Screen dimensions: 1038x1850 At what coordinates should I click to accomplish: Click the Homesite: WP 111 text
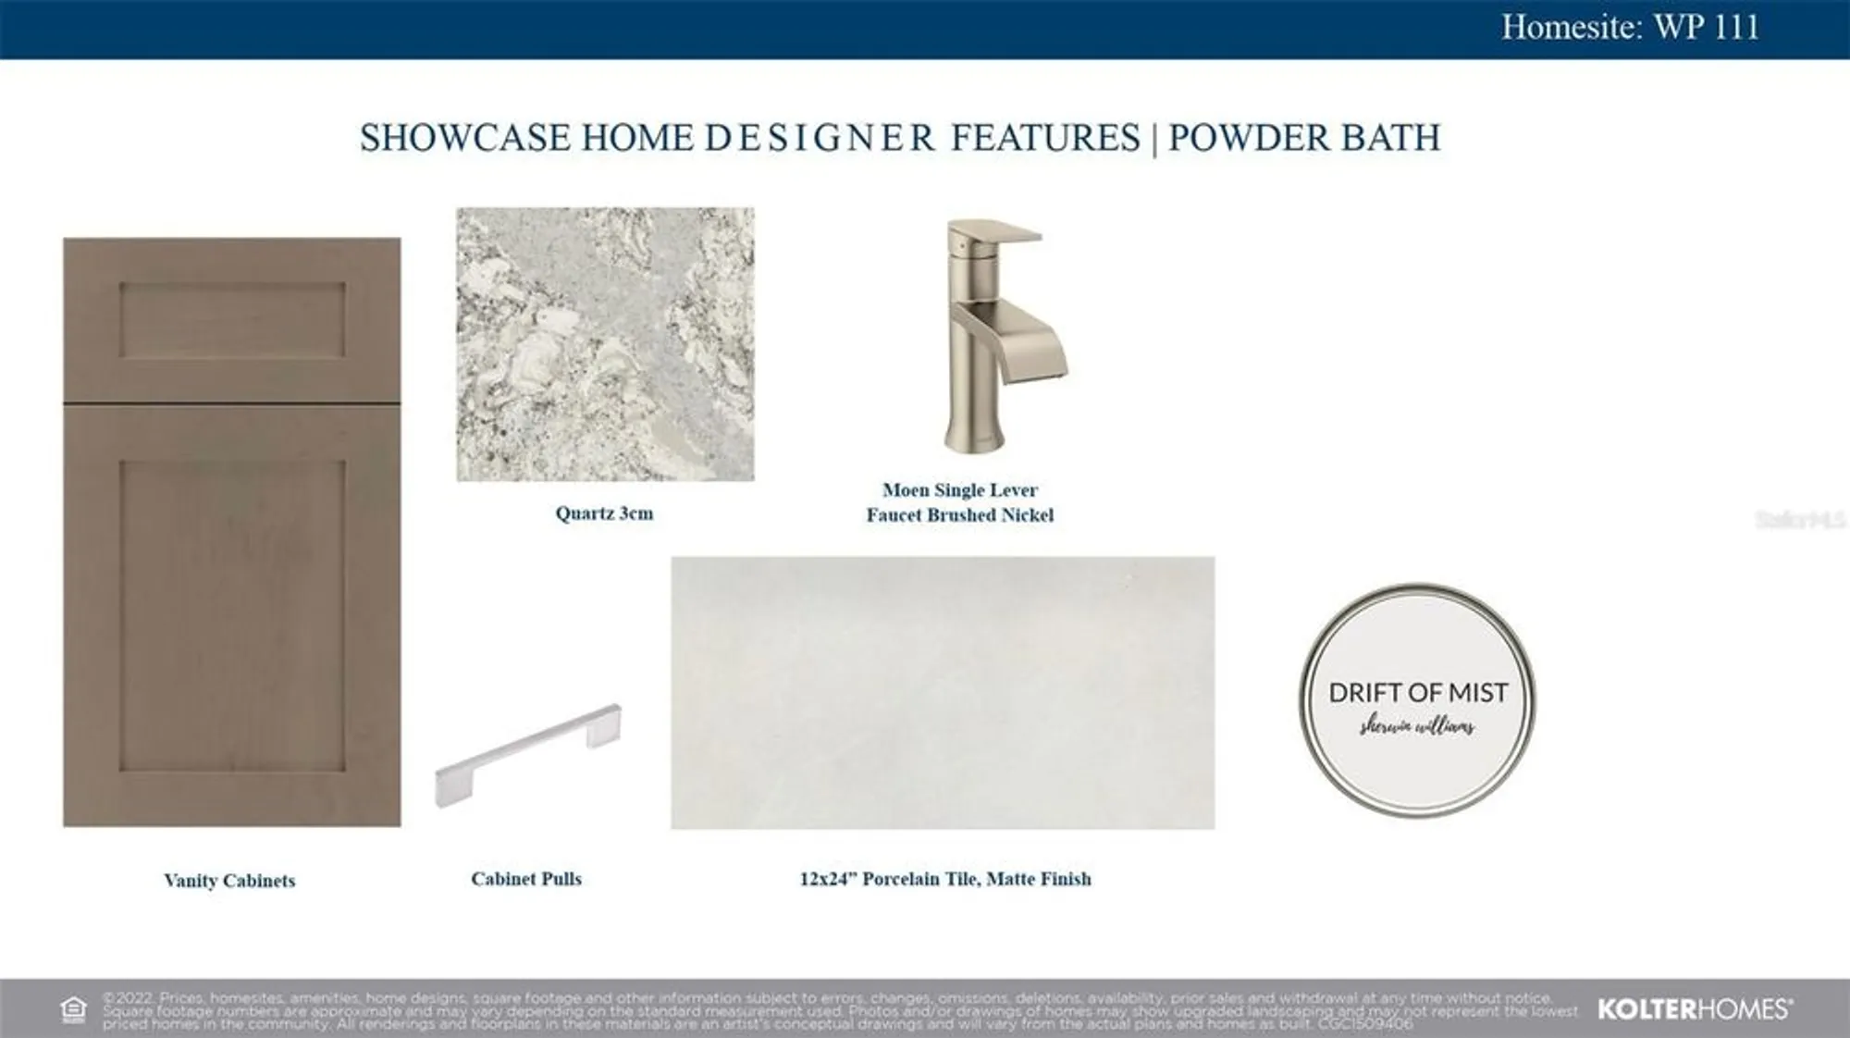(1630, 27)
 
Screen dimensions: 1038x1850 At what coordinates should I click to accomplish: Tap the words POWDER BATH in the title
(1304, 138)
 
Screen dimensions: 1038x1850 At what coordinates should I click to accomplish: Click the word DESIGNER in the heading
(820, 138)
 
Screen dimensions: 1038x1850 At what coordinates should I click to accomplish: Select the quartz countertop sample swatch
(605, 344)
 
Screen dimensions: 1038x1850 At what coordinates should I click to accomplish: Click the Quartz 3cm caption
(604, 513)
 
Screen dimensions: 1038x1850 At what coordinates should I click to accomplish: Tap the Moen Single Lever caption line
(959, 490)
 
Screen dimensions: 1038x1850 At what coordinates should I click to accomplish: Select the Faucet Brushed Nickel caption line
(959, 515)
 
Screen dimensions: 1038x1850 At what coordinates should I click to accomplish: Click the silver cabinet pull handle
(528, 754)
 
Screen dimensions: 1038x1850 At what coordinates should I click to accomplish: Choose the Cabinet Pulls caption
(526, 879)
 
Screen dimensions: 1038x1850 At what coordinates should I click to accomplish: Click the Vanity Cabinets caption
(229, 881)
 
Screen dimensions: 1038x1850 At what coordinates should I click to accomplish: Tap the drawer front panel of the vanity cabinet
(231, 320)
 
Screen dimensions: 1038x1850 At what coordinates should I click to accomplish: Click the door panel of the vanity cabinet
(231, 615)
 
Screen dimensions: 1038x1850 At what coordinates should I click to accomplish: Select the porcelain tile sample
(943, 692)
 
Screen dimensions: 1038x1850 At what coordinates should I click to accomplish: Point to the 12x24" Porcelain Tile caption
(944, 879)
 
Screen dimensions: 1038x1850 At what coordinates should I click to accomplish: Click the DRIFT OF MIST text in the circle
(1417, 692)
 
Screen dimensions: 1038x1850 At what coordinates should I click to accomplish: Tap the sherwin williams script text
(1417, 727)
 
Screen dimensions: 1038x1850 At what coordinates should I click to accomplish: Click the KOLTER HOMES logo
(1695, 1009)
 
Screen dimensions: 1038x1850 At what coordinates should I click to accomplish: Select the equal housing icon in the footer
(73, 1009)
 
